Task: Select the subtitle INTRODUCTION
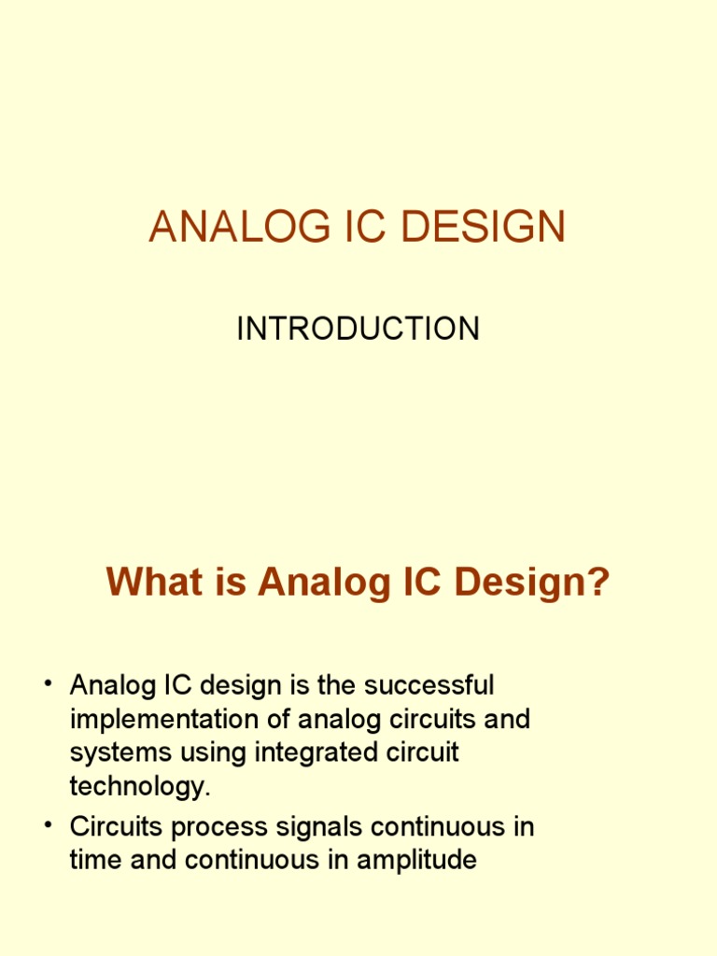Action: (x=358, y=329)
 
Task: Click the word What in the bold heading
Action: (x=146, y=583)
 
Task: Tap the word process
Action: (x=232, y=828)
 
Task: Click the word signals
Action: (x=327, y=828)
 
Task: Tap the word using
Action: (x=205, y=754)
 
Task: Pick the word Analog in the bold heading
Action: (x=317, y=583)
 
